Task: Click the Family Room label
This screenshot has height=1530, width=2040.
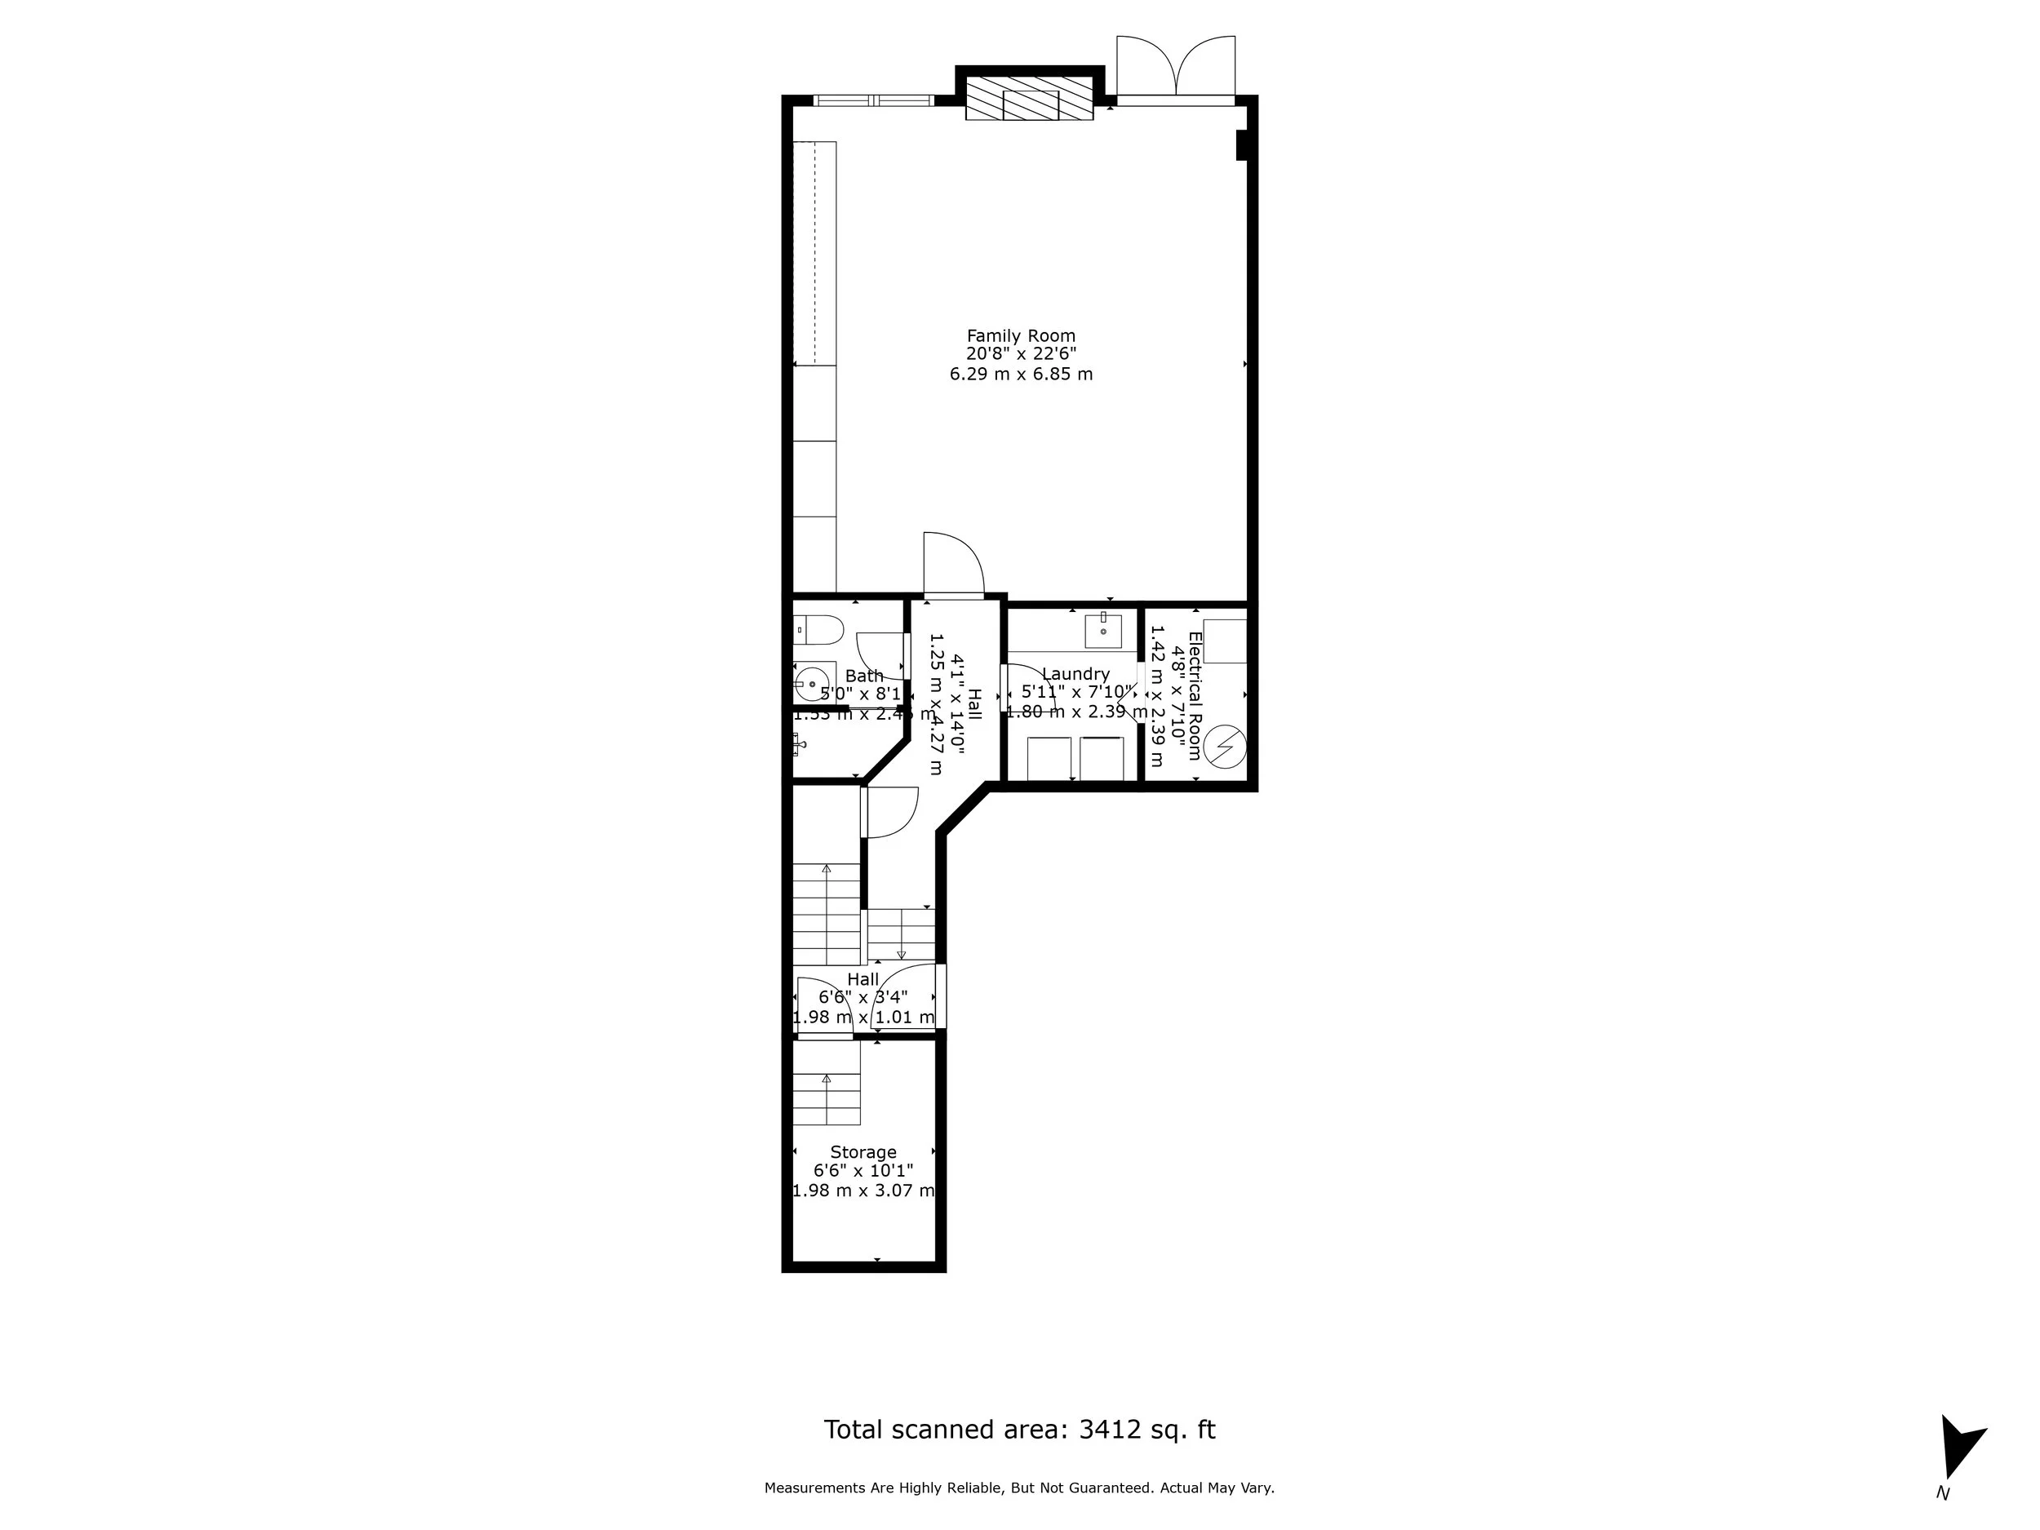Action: (1020, 335)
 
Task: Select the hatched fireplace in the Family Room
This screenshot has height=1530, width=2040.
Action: (1029, 98)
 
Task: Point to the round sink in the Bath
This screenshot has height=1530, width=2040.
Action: (812, 685)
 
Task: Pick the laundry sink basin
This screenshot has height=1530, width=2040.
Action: (1103, 631)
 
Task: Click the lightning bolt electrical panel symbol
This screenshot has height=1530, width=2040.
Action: (1226, 747)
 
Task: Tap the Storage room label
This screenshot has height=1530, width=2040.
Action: (863, 1152)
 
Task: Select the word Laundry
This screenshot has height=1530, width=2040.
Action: (1075, 674)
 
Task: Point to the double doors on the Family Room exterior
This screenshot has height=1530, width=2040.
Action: (1175, 69)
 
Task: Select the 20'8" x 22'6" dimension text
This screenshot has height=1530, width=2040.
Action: (1021, 355)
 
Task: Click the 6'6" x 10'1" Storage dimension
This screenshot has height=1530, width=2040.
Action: (863, 1171)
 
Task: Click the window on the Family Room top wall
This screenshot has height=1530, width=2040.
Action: (873, 100)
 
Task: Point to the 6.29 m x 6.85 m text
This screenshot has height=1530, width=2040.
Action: (1021, 375)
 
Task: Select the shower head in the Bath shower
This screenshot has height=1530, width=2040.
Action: (799, 743)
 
